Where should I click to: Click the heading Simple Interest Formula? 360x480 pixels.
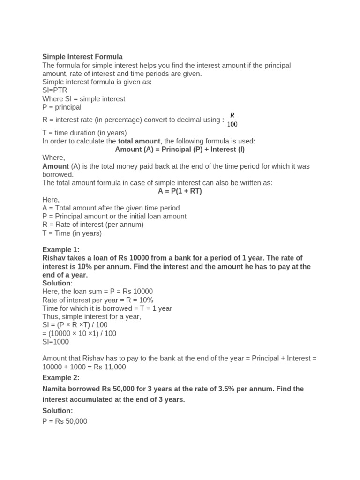click(82, 57)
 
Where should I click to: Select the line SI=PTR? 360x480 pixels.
click(55, 90)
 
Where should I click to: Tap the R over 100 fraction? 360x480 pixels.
click(232, 120)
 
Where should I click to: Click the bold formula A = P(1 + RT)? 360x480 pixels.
click(180, 191)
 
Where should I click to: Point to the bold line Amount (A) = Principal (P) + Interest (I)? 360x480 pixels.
click(180, 150)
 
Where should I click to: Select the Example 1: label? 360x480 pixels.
click(61, 250)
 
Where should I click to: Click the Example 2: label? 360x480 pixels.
click(61, 378)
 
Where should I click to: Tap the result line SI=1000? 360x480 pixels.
click(56, 342)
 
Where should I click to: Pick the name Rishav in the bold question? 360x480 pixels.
click(53, 258)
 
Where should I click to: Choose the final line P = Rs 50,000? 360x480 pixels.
click(65, 421)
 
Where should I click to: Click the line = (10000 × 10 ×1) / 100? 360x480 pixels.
click(79, 334)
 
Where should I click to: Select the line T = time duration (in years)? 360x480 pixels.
click(84, 133)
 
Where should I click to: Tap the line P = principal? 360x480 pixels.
click(62, 107)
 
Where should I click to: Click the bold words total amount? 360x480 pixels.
click(140, 141)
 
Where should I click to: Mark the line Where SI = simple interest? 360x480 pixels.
click(84, 99)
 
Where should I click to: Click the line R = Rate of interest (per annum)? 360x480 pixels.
click(93, 225)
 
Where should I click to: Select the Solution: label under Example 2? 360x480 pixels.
click(58, 411)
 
